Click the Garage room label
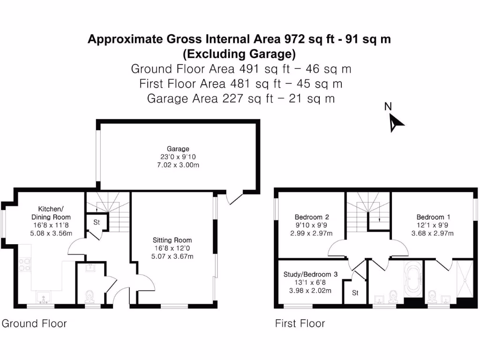pyautogui.click(x=178, y=149)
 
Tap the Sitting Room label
pyautogui.click(x=172, y=240)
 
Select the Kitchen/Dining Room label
pyautogui.click(x=51, y=213)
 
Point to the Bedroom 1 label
pyautogui.click(x=433, y=217)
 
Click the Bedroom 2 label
pyautogui.click(x=312, y=217)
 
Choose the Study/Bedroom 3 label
pyautogui.click(x=310, y=274)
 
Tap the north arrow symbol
pyautogui.click(x=396, y=123)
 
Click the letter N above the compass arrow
pyautogui.click(x=388, y=106)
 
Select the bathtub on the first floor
pyautogui.click(x=413, y=279)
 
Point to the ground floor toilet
pyautogui.click(x=89, y=296)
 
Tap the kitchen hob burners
pyautogui.click(x=24, y=265)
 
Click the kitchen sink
pyautogui.click(x=43, y=297)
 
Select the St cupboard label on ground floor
pyautogui.click(x=97, y=222)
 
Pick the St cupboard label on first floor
pyautogui.click(x=355, y=292)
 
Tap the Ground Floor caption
pyautogui.click(x=34, y=323)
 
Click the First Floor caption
pyautogui.click(x=300, y=323)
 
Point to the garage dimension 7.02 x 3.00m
pyautogui.click(x=178, y=165)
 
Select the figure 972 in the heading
pyautogui.click(x=294, y=39)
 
